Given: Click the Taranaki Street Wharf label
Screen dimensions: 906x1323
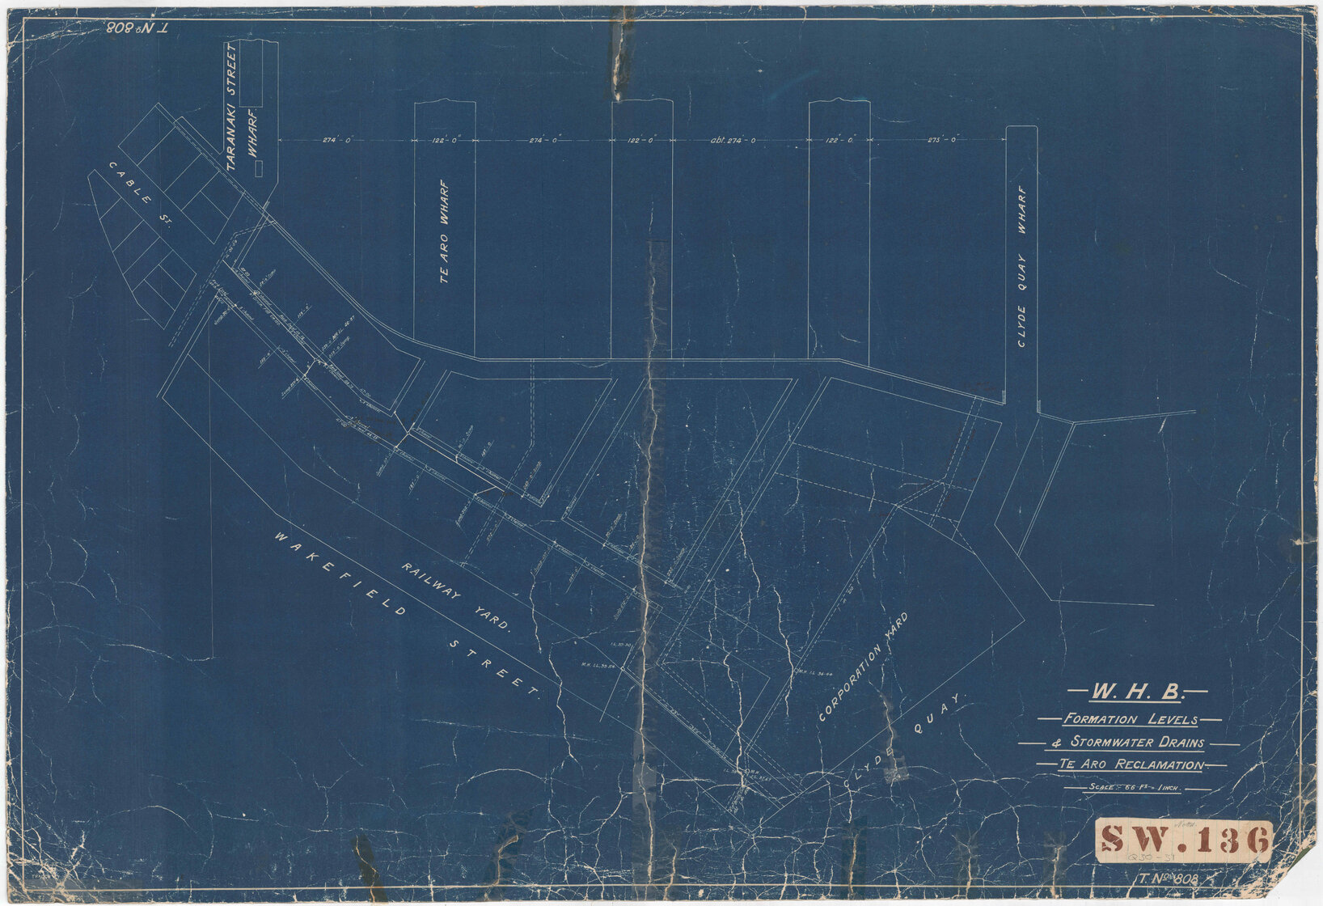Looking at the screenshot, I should [241, 105].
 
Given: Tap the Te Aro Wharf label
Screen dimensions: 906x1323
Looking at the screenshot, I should [444, 231].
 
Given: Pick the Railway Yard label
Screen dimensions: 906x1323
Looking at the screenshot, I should [457, 595].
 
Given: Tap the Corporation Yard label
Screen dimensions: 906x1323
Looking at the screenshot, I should [863, 667].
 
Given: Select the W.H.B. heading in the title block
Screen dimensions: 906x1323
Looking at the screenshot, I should [1138, 692].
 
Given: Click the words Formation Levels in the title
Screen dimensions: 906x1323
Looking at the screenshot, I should [1131, 719].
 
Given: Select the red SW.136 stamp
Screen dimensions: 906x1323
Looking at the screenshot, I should [1184, 840].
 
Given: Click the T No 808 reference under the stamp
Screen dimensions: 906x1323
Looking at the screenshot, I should [1167, 879].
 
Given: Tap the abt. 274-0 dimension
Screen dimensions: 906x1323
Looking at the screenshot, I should [733, 140].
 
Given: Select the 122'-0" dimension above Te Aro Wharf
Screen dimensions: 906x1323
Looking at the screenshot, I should [445, 140].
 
